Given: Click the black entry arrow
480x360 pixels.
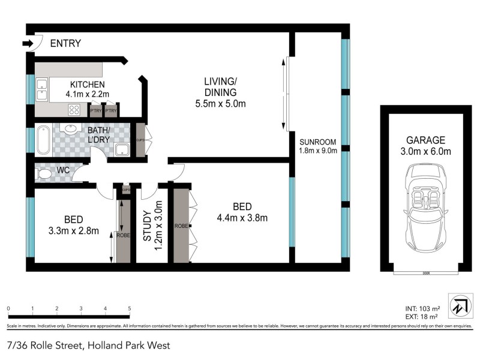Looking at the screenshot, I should (x=27, y=43).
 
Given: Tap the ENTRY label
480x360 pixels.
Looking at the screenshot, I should (x=65, y=43).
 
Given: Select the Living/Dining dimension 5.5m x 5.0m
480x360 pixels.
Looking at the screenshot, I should (x=220, y=103).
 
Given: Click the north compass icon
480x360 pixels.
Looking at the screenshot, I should (x=460, y=305).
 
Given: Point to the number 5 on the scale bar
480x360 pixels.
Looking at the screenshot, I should (x=130, y=308).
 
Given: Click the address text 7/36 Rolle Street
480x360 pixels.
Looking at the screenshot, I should (x=45, y=345).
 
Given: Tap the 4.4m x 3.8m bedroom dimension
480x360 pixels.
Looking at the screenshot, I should (x=242, y=217).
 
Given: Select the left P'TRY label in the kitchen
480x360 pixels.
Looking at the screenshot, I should (x=95, y=111).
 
